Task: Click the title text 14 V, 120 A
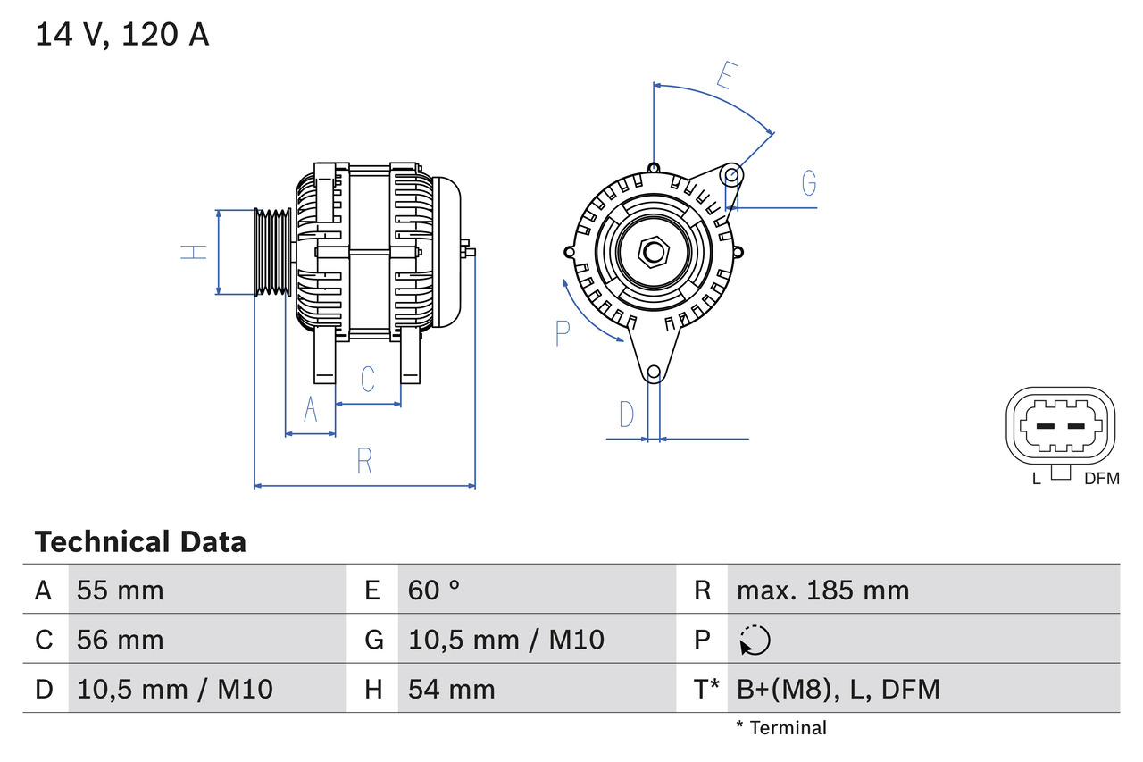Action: (x=121, y=35)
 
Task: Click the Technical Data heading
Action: (x=140, y=541)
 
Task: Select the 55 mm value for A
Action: (x=121, y=590)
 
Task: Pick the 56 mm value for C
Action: (x=121, y=640)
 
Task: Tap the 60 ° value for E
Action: (x=434, y=590)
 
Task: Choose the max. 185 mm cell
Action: (x=822, y=590)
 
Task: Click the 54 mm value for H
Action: (x=451, y=689)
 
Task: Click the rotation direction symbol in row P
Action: (x=755, y=640)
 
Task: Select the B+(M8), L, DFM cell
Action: (x=838, y=689)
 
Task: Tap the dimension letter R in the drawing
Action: (x=364, y=461)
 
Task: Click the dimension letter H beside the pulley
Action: (x=193, y=253)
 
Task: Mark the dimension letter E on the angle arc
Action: (x=726, y=75)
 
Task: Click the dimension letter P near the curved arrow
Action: (x=562, y=333)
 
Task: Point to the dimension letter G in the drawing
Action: (x=808, y=182)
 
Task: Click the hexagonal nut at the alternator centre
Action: (x=654, y=253)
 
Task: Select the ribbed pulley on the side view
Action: (x=272, y=253)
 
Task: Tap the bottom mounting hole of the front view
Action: (x=654, y=372)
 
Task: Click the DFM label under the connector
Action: (x=1101, y=479)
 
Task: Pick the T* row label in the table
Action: (x=706, y=689)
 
